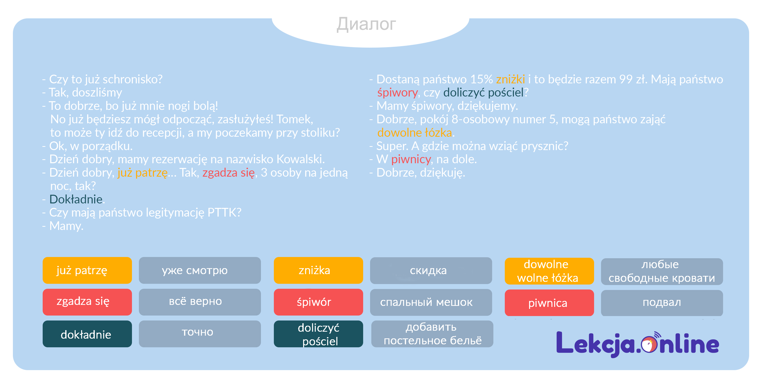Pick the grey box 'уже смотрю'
pyautogui.click(x=200, y=270)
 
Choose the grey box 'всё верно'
pyautogui.click(x=200, y=302)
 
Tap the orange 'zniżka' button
pyautogui.click(x=318, y=270)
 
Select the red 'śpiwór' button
pyautogui.click(x=318, y=302)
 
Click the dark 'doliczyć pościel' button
pyautogui.click(x=318, y=334)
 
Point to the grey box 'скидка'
pyautogui.click(x=431, y=270)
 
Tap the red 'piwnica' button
pyautogui.click(x=549, y=303)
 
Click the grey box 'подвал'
pyautogui.click(x=662, y=303)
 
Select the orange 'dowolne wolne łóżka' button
pyautogui.click(x=549, y=271)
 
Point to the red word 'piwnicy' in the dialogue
pyautogui.click(x=411, y=160)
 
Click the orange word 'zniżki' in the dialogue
pyautogui.click(x=510, y=79)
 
